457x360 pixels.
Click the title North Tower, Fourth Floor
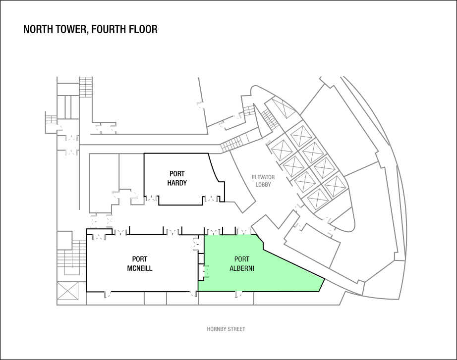point(90,29)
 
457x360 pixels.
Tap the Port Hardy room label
point(177,178)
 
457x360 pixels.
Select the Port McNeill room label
point(140,263)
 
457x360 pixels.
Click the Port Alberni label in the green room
point(241,263)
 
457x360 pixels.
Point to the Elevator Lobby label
point(263,181)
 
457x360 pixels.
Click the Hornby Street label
point(226,329)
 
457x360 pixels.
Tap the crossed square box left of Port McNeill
point(67,291)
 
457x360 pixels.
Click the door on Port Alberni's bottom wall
point(239,294)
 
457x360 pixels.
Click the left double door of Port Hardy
point(152,199)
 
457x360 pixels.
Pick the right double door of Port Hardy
point(212,199)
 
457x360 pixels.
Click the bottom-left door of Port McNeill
point(107,295)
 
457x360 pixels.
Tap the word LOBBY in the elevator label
point(263,185)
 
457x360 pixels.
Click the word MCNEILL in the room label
point(140,268)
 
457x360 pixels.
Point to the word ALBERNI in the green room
point(241,268)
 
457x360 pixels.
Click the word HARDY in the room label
point(177,183)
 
